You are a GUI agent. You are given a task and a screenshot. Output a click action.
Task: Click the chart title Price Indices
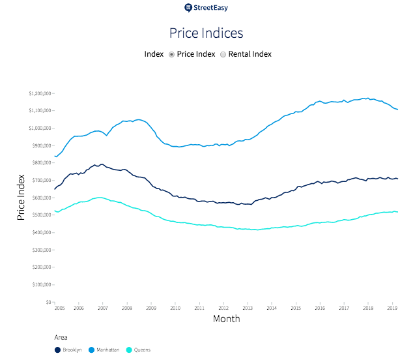coord(206,33)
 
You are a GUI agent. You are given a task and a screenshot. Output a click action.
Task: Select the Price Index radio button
coord(171,54)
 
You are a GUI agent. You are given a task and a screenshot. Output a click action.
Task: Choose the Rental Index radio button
coord(223,54)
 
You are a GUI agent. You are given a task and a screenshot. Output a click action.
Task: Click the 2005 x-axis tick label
coord(59,308)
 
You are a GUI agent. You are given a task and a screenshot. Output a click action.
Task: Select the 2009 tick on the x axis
coord(151,308)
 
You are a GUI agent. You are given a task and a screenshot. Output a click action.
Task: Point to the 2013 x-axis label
coord(248,308)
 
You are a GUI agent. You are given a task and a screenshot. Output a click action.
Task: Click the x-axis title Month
coord(226,319)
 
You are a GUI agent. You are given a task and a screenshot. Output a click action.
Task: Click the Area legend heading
coord(61,338)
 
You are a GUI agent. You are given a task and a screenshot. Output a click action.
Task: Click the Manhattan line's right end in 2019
coord(398,110)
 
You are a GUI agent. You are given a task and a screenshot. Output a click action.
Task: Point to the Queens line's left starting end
coord(55,211)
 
